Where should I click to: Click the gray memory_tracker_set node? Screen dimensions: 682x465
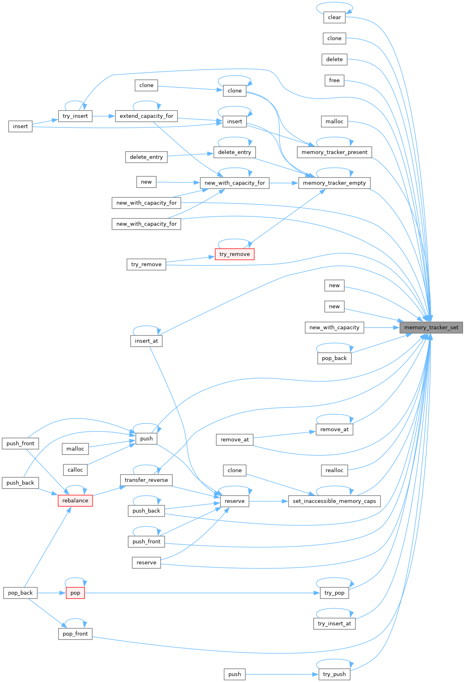(x=431, y=328)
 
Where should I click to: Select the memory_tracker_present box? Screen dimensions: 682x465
(x=334, y=152)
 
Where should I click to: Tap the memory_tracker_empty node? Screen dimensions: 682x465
(x=334, y=183)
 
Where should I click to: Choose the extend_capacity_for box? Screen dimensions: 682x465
(x=146, y=116)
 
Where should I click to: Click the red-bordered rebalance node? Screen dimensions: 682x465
(x=75, y=501)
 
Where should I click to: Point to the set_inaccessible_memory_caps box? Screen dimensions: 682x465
(x=334, y=501)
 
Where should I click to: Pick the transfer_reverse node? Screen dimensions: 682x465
(x=146, y=480)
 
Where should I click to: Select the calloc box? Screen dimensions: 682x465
(x=75, y=470)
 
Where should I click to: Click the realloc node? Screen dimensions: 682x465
(x=334, y=470)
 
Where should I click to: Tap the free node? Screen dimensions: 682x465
(x=334, y=80)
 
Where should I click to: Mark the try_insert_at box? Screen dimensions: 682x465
(x=334, y=624)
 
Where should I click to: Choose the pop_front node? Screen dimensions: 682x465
(x=75, y=634)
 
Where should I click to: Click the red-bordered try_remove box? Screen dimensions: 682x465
(x=235, y=254)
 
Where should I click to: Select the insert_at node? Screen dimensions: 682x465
(x=146, y=341)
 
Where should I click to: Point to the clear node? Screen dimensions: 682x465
(x=334, y=17)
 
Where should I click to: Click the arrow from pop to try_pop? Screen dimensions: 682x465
(x=202, y=593)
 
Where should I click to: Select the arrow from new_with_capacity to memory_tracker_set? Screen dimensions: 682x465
(x=382, y=328)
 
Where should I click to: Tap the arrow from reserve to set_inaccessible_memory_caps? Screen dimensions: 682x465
(x=268, y=501)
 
